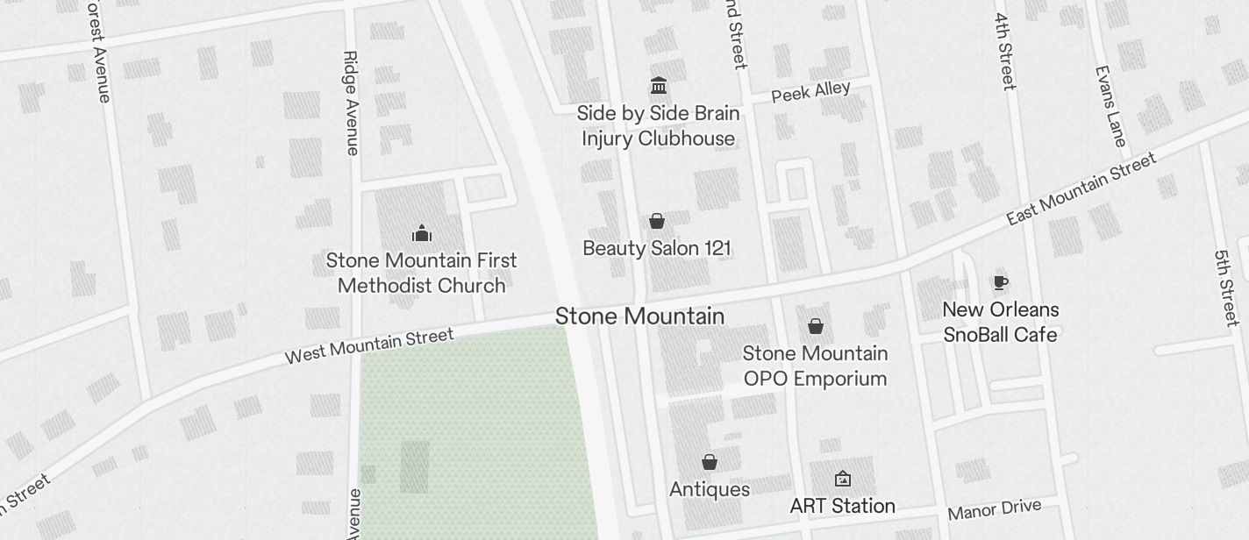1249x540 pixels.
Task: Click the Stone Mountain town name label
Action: (639, 316)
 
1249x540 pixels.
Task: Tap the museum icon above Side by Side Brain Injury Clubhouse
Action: (659, 86)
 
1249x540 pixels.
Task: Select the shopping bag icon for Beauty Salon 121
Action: (657, 221)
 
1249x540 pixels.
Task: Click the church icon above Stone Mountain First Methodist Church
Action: (422, 233)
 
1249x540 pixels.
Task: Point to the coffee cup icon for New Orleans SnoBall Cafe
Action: (1000, 282)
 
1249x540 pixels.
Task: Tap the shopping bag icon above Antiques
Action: (710, 462)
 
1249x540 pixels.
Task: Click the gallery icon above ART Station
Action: (842, 479)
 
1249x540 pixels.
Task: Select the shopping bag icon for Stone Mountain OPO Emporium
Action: (816, 326)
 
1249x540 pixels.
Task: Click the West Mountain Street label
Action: (369, 345)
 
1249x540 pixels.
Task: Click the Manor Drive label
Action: (994, 509)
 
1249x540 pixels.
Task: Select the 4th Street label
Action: (1004, 51)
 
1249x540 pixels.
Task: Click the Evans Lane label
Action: (1110, 105)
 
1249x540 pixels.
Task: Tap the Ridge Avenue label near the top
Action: (351, 103)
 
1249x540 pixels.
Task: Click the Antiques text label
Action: (710, 489)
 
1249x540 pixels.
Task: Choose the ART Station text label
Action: (842, 506)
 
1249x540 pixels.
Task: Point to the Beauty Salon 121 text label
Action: (657, 248)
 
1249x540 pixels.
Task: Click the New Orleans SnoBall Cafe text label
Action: (1000, 322)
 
